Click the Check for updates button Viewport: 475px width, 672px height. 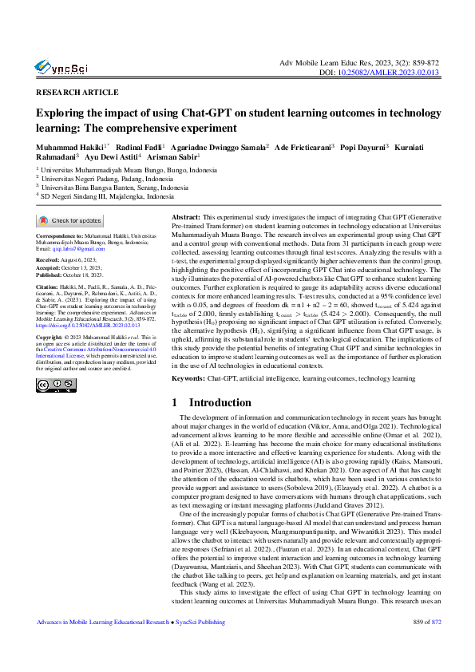coord(70,221)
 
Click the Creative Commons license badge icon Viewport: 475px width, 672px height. coord(55,385)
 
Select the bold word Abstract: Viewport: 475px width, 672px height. coord(187,217)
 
